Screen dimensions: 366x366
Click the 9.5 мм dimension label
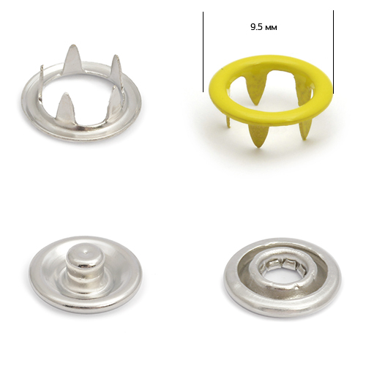point(264,27)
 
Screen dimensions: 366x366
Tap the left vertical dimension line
point(203,52)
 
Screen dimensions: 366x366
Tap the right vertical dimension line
point(333,52)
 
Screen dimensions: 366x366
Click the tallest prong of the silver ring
point(71,59)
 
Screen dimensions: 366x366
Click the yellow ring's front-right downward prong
point(305,130)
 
